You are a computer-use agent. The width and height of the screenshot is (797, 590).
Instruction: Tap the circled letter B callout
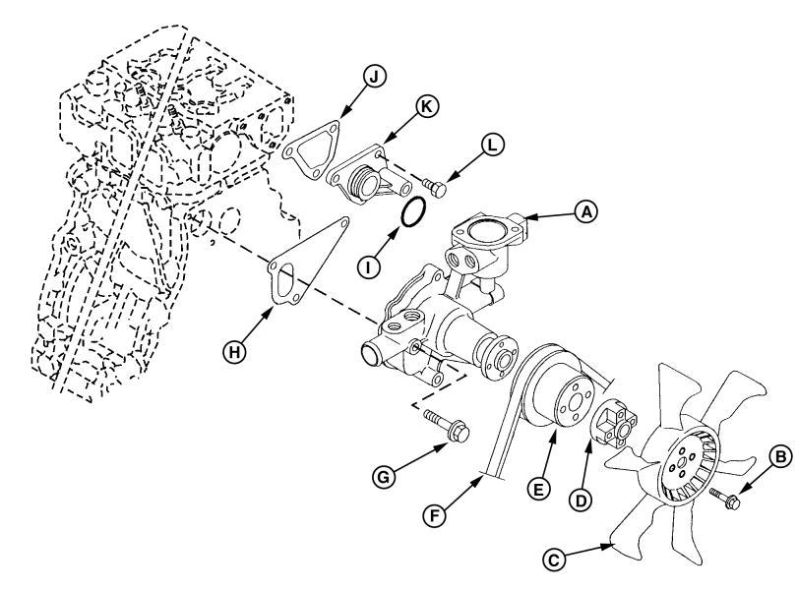[779, 456]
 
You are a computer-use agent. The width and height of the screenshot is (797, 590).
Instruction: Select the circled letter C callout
[554, 560]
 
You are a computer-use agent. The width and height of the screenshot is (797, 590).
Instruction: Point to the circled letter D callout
[581, 501]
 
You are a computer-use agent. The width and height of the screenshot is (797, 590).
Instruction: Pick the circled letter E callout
[538, 489]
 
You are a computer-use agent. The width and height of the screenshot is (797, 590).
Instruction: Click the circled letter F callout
[435, 516]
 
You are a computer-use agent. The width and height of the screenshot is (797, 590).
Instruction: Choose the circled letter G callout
[384, 477]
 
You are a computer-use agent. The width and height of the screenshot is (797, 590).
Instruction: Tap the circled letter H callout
[234, 351]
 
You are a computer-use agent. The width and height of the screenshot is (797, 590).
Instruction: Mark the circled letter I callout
[369, 266]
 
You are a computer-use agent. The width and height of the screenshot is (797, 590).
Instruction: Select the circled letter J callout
[375, 77]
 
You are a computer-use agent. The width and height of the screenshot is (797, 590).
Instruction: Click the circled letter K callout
[426, 106]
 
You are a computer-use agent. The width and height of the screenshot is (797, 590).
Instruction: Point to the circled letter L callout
[492, 146]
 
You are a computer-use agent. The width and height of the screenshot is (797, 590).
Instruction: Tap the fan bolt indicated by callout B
[725, 498]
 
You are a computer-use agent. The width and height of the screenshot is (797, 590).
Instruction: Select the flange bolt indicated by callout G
[447, 426]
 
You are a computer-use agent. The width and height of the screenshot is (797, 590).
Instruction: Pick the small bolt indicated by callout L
[434, 187]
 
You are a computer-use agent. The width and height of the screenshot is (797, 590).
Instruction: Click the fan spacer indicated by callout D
[614, 424]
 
